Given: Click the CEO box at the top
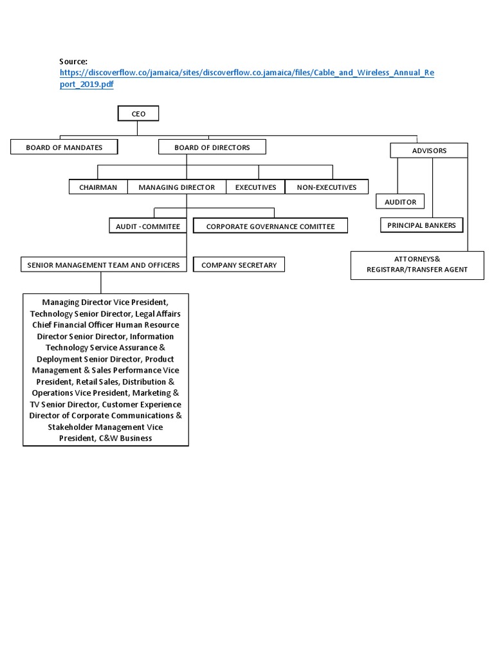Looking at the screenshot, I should click(x=138, y=114).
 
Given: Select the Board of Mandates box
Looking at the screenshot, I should click(x=64, y=147).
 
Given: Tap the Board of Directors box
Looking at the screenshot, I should click(x=212, y=147).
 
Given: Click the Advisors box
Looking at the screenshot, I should click(x=429, y=151).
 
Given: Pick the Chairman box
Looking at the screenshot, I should click(x=98, y=187).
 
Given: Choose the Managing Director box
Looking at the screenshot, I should click(x=176, y=187).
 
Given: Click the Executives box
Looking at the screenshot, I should click(x=255, y=187).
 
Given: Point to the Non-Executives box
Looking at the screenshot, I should click(x=326, y=187).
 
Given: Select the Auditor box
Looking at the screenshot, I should click(x=400, y=202).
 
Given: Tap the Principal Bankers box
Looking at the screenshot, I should click(x=421, y=225).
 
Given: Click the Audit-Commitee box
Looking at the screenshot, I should click(x=148, y=227).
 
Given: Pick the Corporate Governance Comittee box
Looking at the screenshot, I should click(x=270, y=227).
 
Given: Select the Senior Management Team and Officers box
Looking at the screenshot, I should click(x=104, y=265).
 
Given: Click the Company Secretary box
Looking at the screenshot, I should click(x=239, y=265).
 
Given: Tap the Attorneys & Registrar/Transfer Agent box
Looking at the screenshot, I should click(x=417, y=265).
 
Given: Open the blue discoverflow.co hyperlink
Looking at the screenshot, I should click(x=247, y=73).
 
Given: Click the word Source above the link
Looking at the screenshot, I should click(x=73, y=61).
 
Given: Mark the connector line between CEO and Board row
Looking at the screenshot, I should click(x=138, y=129).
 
